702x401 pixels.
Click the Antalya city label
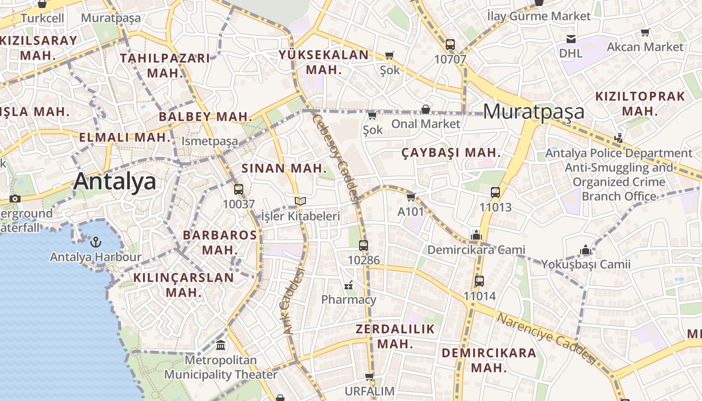[x=115, y=181]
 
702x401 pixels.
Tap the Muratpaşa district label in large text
[x=534, y=111]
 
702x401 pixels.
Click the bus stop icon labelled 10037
[x=239, y=189]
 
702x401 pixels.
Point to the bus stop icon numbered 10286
[x=364, y=246]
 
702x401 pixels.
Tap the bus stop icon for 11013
[x=495, y=192]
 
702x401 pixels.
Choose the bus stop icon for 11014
[x=479, y=281]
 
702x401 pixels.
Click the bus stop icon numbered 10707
[x=450, y=45]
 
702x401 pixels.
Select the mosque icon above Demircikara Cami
[x=476, y=235]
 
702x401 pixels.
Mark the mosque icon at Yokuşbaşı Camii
[x=585, y=250]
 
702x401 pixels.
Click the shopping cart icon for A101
[x=411, y=197]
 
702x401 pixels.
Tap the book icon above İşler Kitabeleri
[x=300, y=201]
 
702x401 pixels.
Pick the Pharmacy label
[x=348, y=300]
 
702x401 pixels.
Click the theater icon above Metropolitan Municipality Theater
[x=221, y=345]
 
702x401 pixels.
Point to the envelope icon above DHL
[x=571, y=39]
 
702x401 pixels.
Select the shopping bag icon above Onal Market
[x=426, y=109]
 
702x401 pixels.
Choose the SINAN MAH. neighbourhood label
[x=284, y=168]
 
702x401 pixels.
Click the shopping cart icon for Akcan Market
[x=645, y=33]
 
